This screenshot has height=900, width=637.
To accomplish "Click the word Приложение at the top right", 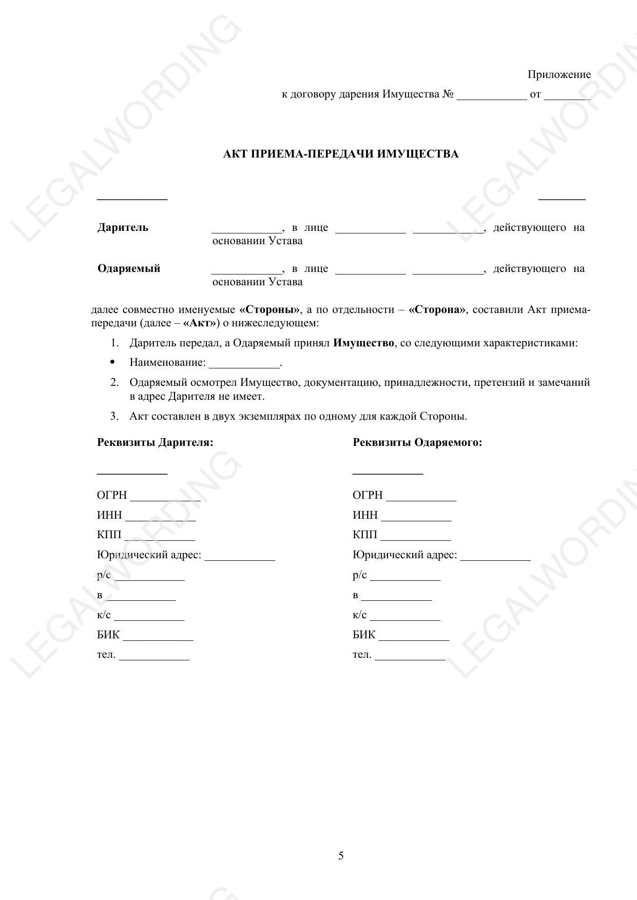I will click(x=559, y=75).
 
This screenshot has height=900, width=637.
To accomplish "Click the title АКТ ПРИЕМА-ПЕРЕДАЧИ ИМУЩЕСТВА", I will click(x=341, y=154).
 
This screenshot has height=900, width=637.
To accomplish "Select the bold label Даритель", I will click(x=123, y=228).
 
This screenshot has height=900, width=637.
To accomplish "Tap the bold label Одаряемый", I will click(x=129, y=269).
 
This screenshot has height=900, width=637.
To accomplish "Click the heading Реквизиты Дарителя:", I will click(x=155, y=442).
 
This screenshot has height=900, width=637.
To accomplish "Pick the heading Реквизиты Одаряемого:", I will click(x=417, y=442).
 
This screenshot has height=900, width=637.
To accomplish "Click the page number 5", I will click(x=341, y=856).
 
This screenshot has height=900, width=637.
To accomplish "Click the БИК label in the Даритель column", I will click(x=108, y=635).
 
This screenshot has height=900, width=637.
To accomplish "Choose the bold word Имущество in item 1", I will click(x=363, y=343).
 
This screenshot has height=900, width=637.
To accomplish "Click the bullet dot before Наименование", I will click(x=113, y=362).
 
